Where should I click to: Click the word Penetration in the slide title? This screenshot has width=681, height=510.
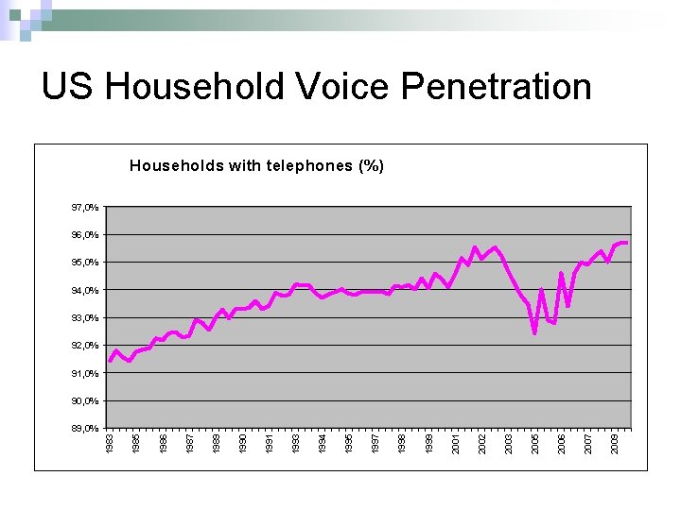click(497, 87)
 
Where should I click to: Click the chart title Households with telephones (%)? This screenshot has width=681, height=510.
click(256, 166)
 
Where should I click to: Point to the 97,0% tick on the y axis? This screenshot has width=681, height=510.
click(84, 207)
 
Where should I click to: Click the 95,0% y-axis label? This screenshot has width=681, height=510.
click(84, 263)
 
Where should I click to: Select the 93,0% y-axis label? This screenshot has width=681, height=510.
click(84, 318)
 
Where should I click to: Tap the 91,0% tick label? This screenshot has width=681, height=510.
click(84, 374)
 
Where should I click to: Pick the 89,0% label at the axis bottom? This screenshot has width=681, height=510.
click(84, 429)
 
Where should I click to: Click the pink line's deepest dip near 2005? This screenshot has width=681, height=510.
click(534, 332)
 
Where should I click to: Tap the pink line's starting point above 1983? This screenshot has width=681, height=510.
click(111, 361)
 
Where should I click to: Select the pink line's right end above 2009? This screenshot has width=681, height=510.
click(625, 243)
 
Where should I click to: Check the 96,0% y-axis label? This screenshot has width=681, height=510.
click(84, 235)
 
